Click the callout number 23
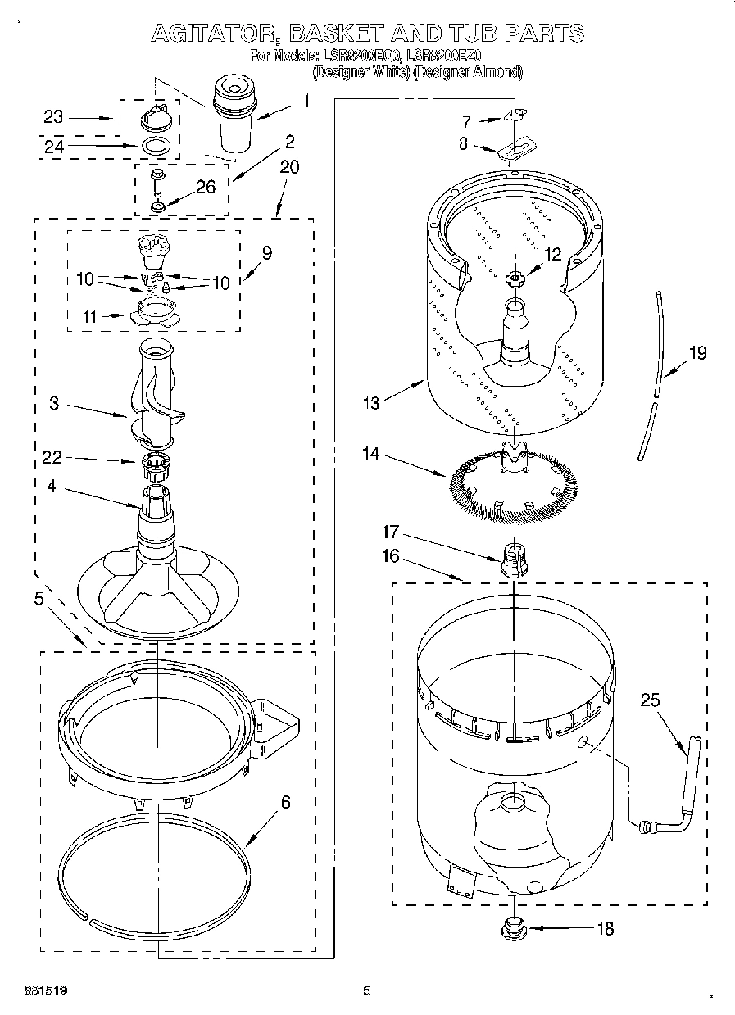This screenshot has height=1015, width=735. point(53,116)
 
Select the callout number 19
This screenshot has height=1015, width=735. point(697,354)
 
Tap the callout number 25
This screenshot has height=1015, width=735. point(650,700)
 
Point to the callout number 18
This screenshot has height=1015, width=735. point(605,929)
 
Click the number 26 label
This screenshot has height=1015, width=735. point(205,187)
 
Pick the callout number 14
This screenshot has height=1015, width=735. point(371,452)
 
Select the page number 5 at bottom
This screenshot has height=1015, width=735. point(367,990)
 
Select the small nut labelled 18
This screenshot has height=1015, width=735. point(514,929)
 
